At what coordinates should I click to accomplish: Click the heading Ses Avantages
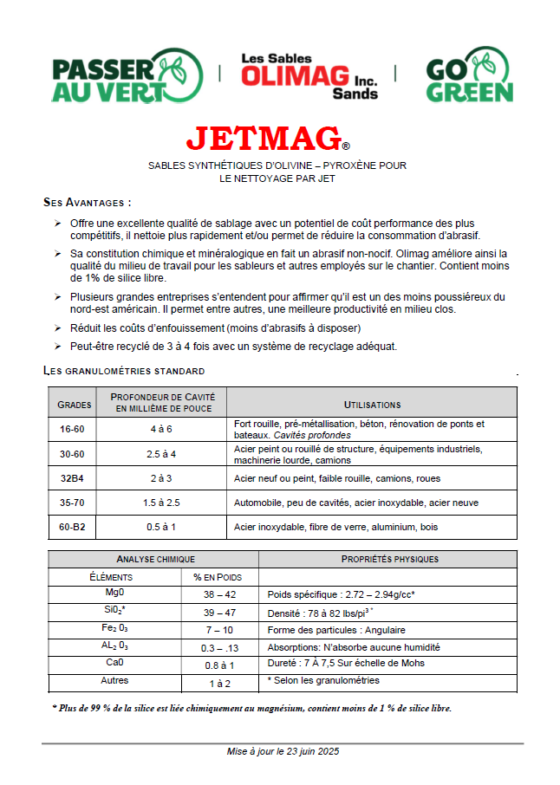(87, 202)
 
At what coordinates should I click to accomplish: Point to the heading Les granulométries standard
(124, 371)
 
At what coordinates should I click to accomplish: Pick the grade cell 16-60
(72, 429)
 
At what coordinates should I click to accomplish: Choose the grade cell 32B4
(72, 478)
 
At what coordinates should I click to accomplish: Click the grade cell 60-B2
(72, 527)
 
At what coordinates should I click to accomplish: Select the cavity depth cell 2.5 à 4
(162, 454)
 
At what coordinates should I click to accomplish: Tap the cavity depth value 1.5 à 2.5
(162, 503)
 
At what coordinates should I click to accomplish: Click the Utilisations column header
(372, 405)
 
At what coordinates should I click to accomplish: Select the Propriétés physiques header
(390, 559)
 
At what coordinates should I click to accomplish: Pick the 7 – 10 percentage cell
(218, 630)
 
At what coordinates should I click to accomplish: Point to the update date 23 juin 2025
(283, 751)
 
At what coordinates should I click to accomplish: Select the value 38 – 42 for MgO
(218, 595)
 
